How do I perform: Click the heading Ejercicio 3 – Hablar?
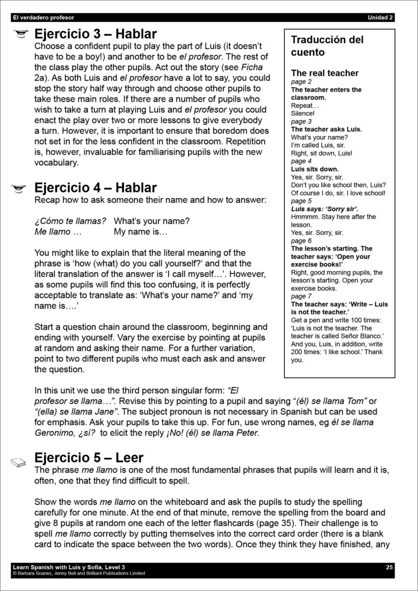(x=95, y=35)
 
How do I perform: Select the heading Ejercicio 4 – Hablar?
(x=95, y=188)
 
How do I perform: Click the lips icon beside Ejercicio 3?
(x=20, y=35)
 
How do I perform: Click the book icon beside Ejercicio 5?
(x=18, y=462)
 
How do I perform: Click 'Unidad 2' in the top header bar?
(x=380, y=18)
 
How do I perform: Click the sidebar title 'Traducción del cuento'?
(x=327, y=46)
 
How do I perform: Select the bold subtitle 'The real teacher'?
(x=325, y=73)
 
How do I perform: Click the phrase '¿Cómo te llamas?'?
(x=70, y=221)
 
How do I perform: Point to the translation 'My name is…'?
(x=141, y=232)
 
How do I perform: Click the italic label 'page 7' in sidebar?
(x=301, y=296)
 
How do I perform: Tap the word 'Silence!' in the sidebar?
(x=303, y=113)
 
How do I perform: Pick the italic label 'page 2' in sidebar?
(x=301, y=82)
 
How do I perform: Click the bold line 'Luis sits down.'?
(x=315, y=169)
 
